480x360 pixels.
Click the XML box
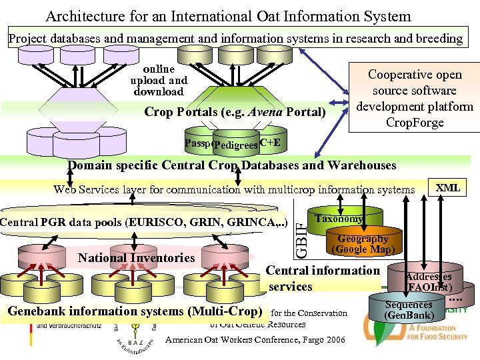click(447, 188)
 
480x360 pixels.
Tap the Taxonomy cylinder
click(339, 219)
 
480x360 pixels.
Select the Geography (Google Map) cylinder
click(363, 244)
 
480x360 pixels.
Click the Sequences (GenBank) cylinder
click(409, 309)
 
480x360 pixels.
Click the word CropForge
click(415, 123)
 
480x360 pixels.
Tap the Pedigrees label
click(235, 145)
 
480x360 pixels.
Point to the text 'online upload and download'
click(159, 80)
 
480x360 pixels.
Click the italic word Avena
click(265, 112)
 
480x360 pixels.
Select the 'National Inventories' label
click(137, 257)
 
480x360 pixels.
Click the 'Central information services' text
click(322, 278)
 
